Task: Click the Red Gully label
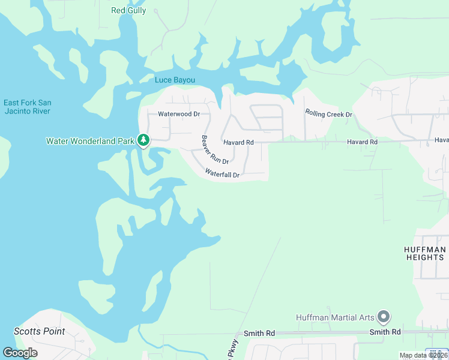pyautogui.click(x=128, y=10)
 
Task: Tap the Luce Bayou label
pyautogui.click(x=175, y=80)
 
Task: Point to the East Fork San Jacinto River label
pyautogui.click(x=26, y=107)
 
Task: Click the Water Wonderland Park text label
pyautogui.click(x=91, y=142)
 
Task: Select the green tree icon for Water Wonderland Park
pyautogui.click(x=143, y=140)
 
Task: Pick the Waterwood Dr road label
pyautogui.click(x=178, y=113)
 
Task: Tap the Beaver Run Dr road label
pyautogui.click(x=215, y=150)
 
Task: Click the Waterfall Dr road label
pyautogui.click(x=222, y=174)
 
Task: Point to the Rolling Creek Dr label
pyautogui.click(x=328, y=113)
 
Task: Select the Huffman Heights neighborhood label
pyautogui.click(x=424, y=253)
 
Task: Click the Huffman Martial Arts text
pyautogui.click(x=335, y=317)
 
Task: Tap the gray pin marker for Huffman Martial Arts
pyautogui.click(x=384, y=316)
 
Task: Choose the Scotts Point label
pyautogui.click(x=39, y=331)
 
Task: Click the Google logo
pyautogui.click(x=20, y=353)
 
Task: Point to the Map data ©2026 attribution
pyautogui.click(x=424, y=355)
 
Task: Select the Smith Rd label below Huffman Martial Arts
pyautogui.click(x=385, y=332)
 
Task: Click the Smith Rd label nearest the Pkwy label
pyautogui.click(x=259, y=333)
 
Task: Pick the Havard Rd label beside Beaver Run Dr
pyautogui.click(x=238, y=142)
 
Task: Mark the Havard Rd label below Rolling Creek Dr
pyautogui.click(x=362, y=142)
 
